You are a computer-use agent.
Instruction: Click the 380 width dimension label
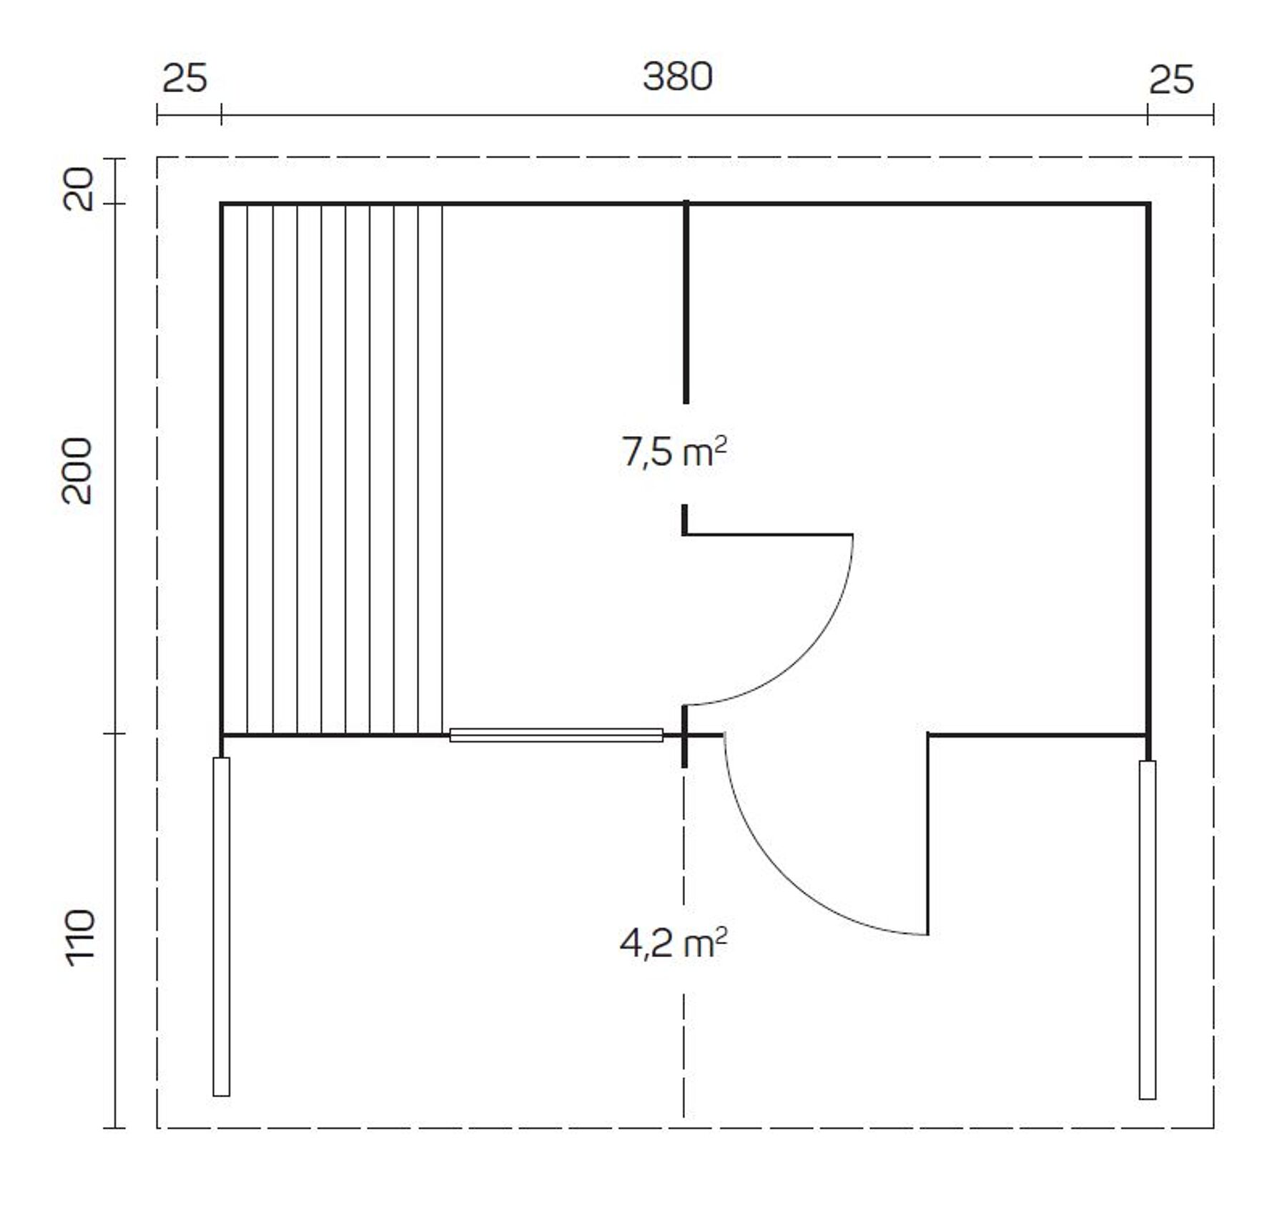click(x=677, y=76)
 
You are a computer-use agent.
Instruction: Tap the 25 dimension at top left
click(x=184, y=78)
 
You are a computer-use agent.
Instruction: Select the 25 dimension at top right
click(x=1171, y=79)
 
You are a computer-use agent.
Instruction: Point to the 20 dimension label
click(x=78, y=189)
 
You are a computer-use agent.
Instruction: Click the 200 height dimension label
click(x=77, y=471)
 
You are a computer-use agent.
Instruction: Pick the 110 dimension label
click(x=80, y=938)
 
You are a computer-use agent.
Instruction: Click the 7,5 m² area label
click(x=674, y=452)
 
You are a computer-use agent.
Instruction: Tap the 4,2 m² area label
click(x=674, y=944)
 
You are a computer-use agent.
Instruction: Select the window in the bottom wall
click(x=556, y=735)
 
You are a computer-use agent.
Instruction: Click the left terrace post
click(x=222, y=926)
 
